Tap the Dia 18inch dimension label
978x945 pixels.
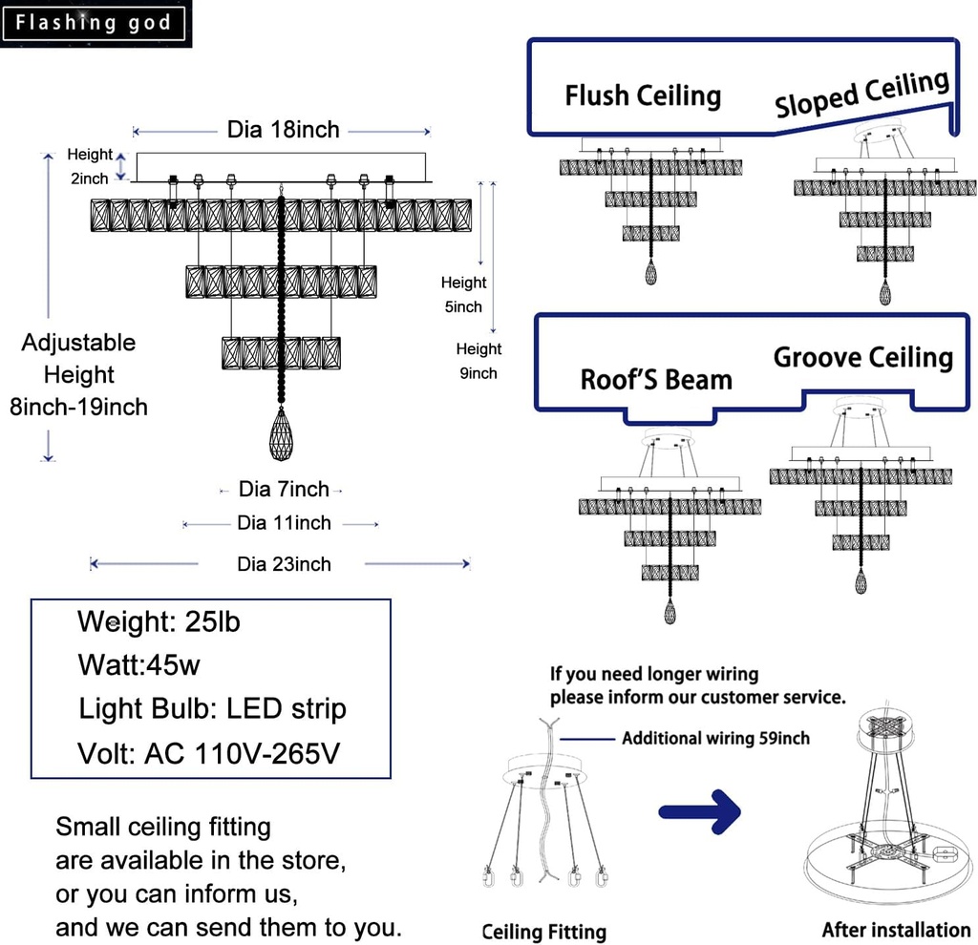(283, 130)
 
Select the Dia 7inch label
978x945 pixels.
(284, 490)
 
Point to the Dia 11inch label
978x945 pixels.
(284, 523)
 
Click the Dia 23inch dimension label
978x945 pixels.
(284, 564)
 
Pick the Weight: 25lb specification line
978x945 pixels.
(159, 622)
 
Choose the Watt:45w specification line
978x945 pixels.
(139, 665)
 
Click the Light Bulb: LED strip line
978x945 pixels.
(212, 709)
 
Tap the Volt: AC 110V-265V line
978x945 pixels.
(208, 753)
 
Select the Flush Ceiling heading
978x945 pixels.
(642, 95)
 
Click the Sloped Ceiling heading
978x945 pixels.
(861, 94)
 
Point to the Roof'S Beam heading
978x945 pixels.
(656, 379)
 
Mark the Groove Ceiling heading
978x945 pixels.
(862, 358)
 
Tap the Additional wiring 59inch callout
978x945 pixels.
(715, 738)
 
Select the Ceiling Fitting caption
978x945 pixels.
(543, 932)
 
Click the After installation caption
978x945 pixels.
(896, 929)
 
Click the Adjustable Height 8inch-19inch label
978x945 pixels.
(79, 375)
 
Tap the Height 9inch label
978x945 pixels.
(478, 361)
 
